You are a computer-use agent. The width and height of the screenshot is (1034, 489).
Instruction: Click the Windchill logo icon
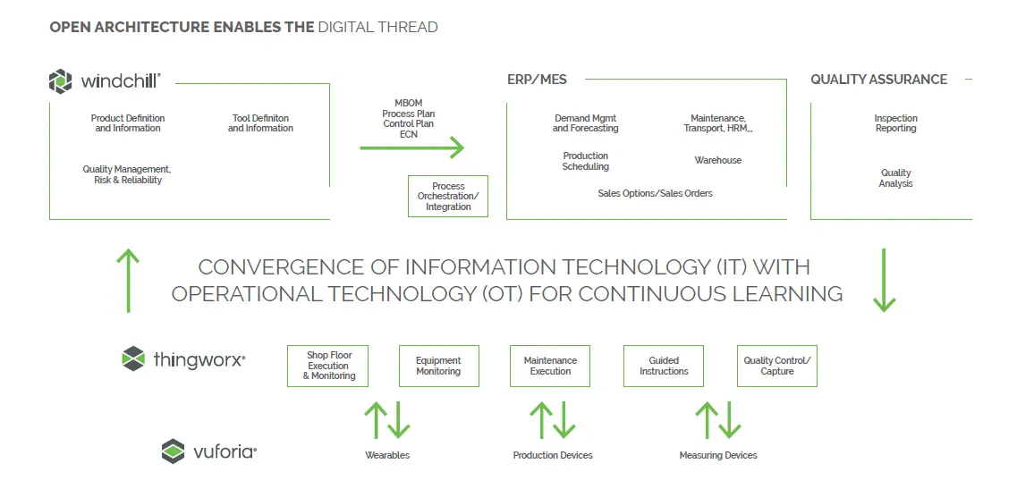click(x=60, y=81)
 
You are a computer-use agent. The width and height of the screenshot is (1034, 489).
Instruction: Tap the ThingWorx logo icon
click(x=133, y=358)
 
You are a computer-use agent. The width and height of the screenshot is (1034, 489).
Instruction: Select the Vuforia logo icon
click(x=173, y=451)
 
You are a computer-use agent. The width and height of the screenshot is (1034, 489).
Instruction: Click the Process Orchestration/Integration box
click(x=448, y=197)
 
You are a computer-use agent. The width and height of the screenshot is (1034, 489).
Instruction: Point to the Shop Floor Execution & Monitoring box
click(x=327, y=366)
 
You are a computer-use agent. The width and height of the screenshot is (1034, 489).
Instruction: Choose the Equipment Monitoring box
click(x=438, y=366)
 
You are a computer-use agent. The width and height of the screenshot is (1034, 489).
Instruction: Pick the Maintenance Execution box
click(x=550, y=366)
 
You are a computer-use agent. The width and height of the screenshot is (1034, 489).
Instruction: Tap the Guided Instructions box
click(x=664, y=366)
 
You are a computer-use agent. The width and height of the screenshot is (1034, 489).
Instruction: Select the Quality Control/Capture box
click(x=776, y=366)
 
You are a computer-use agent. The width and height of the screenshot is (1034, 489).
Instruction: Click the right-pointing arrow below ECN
click(x=412, y=148)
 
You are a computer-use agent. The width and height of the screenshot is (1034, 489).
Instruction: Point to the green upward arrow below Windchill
click(x=128, y=281)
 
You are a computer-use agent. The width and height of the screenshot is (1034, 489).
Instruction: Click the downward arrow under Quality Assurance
click(x=884, y=280)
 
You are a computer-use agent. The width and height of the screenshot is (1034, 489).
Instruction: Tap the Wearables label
click(x=387, y=455)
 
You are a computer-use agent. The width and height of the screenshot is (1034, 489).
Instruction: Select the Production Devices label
click(x=553, y=455)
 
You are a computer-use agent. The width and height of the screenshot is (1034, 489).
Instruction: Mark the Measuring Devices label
click(x=718, y=455)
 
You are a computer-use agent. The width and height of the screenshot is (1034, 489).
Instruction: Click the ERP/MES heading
click(x=537, y=79)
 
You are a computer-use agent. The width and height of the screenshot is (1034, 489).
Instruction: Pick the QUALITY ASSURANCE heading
click(x=879, y=79)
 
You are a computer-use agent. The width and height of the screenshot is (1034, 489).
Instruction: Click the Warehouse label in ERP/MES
click(x=718, y=160)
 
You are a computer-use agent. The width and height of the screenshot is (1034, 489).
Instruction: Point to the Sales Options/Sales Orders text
click(x=655, y=194)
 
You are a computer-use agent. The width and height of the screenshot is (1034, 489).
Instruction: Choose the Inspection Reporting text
click(x=895, y=123)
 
